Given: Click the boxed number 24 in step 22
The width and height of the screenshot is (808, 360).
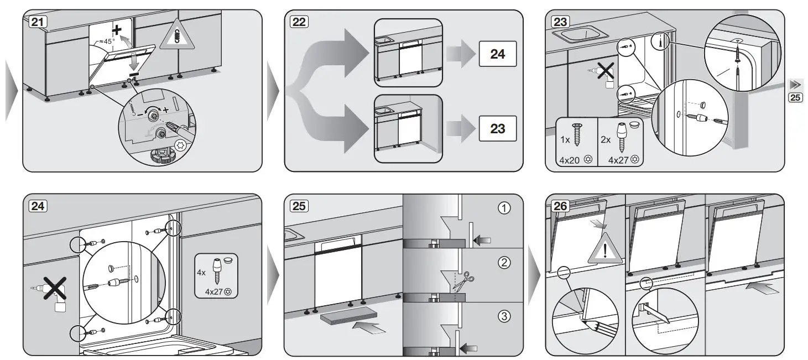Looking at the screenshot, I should point(497,54).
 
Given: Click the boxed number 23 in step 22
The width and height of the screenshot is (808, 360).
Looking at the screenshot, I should point(497,128).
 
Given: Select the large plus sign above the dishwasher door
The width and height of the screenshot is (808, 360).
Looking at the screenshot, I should point(117,30).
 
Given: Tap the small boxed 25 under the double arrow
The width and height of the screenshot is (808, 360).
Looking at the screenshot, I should point(795,98).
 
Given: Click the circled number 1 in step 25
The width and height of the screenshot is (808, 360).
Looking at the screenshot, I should point(504,208).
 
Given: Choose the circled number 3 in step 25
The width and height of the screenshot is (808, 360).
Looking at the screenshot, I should point(504,316).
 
